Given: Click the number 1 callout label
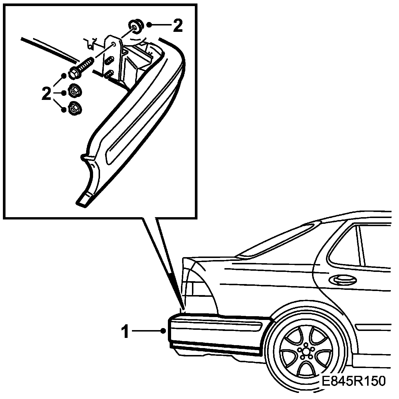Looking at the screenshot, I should [x=125, y=332].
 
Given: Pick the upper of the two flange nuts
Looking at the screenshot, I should [x=75, y=92].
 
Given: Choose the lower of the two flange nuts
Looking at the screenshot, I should [x=75, y=109].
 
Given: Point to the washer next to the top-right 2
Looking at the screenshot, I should [x=135, y=26].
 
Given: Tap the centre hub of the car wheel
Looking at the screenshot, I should [x=306, y=351].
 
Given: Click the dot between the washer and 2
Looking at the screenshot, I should [x=149, y=25].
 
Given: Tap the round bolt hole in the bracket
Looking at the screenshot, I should [x=113, y=45].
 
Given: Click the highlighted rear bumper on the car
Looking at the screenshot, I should [x=217, y=333].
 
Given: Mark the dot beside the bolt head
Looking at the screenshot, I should [x=64, y=76].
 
